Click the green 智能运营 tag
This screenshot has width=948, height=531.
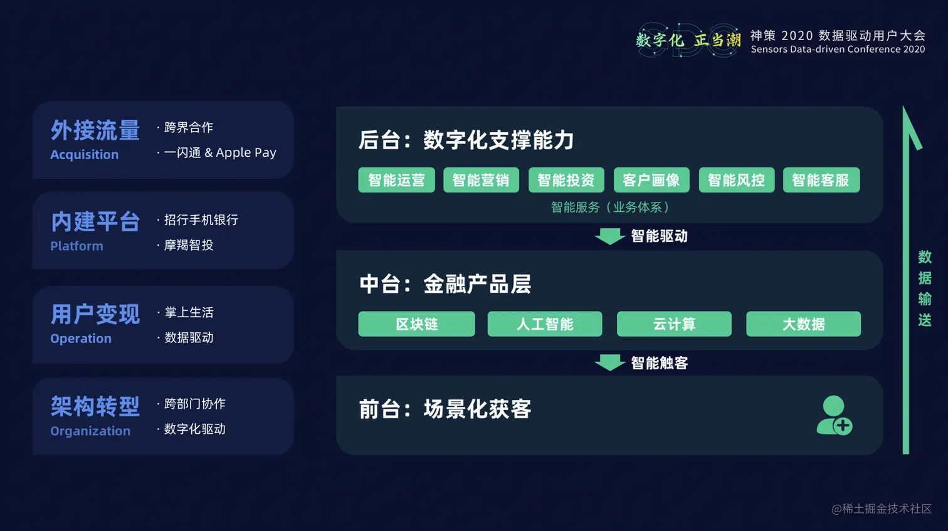(x=396, y=180)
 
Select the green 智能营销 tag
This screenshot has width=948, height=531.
(x=481, y=180)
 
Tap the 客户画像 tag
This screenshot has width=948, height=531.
(x=651, y=180)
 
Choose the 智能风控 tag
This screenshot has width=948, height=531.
(x=737, y=180)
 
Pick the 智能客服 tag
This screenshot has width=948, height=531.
(x=821, y=180)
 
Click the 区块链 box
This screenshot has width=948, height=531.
(x=416, y=324)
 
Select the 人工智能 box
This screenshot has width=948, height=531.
(x=545, y=324)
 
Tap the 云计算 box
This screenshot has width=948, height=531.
(x=674, y=324)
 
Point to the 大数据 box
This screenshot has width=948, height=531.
(x=803, y=324)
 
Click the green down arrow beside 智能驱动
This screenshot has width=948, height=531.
(x=609, y=236)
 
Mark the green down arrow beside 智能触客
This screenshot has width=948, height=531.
(x=609, y=363)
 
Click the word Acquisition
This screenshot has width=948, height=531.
(x=84, y=155)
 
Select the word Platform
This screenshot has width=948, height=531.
(x=76, y=246)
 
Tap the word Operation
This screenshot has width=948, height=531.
(x=81, y=339)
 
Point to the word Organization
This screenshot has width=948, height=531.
(x=90, y=431)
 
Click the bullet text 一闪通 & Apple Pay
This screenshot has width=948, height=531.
(x=220, y=152)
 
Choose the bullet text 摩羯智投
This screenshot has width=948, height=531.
(x=189, y=245)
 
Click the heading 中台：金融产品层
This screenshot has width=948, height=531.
(x=445, y=284)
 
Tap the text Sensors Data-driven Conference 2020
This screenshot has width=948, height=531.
(x=838, y=50)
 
